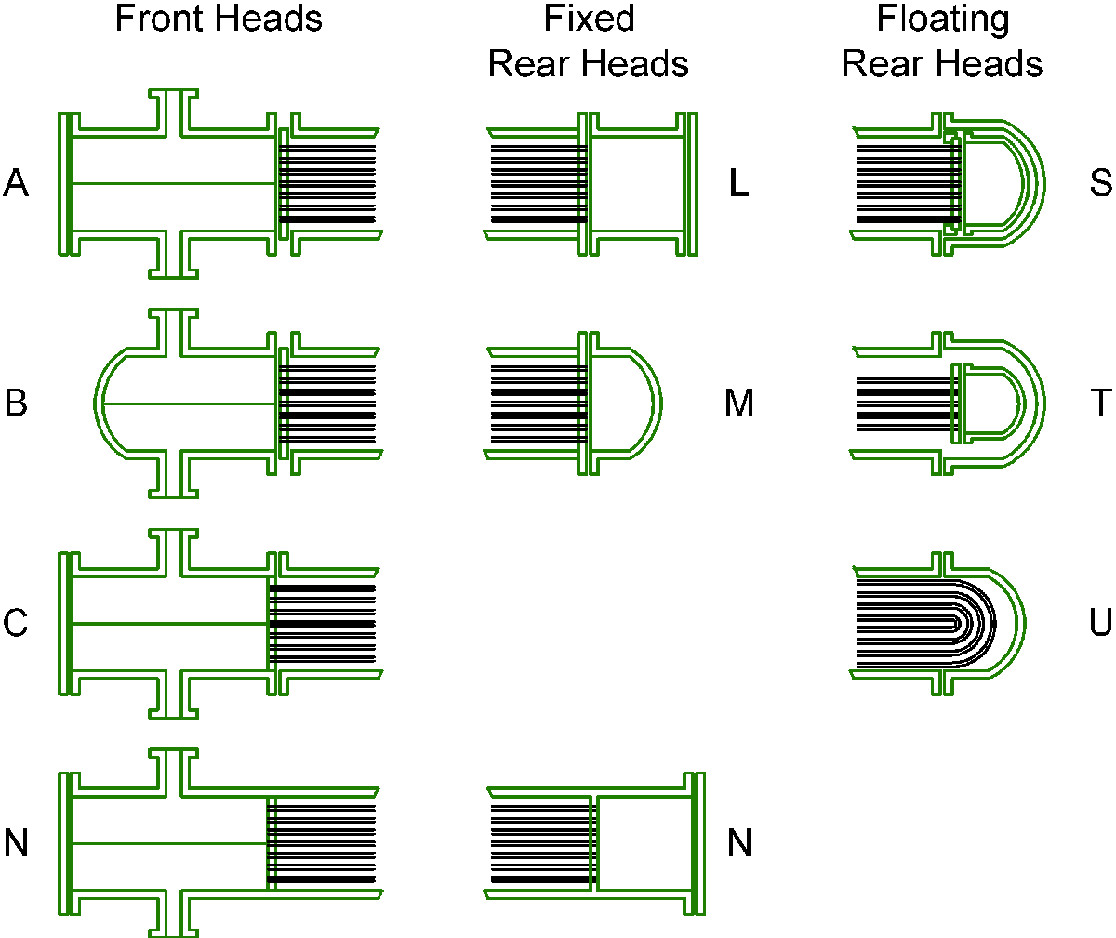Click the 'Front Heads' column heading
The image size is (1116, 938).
pyautogui.click(x=219, y=19)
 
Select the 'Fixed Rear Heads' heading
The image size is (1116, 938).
pyautogui.click(x=589, y=42)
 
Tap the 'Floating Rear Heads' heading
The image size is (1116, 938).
pyautogui.click(x=942, y=42)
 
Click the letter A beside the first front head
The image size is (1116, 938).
pyautogui.click(x=16, y=184)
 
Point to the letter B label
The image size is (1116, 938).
pyautogui.click(x=16, y=403)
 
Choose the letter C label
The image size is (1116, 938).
pyautogui.click(x=16, y=623)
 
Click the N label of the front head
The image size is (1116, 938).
pyautogui.click(x=16, y=843)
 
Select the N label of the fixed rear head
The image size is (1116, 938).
pyautogui.click(x=739, y=843)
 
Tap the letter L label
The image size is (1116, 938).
pyautogui.click(x=739, y=184)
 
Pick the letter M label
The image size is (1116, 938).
pyautogui.click(x=739, y=403)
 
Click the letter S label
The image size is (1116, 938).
pyautogui.click(x=1100, y=184)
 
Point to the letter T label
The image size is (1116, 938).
pyautogui.click(x=1100, y=403)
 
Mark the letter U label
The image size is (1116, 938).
pyautogui.click(x=1100, y=623)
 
